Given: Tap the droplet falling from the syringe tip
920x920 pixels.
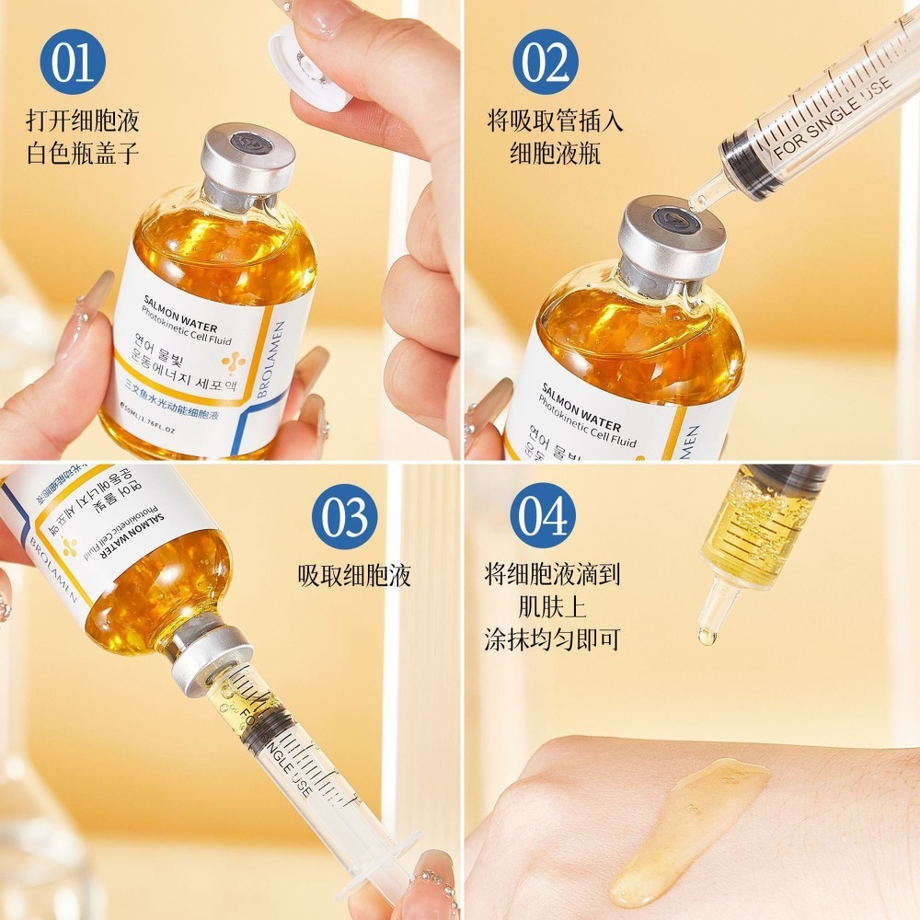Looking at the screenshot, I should pos(707,636).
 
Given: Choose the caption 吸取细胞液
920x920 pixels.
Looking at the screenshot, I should pos(354,577).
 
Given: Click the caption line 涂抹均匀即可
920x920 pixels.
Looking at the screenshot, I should pos(552,639).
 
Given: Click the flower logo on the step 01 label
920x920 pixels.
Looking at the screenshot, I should pos(234,362).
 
